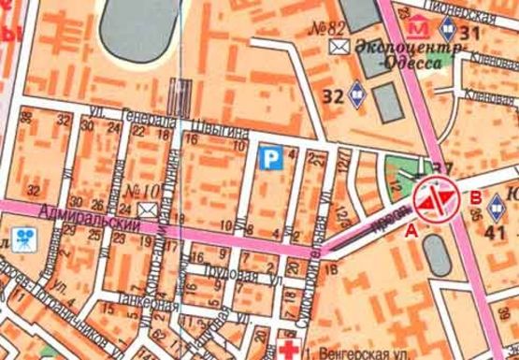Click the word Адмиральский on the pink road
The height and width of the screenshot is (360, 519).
point(83,221)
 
